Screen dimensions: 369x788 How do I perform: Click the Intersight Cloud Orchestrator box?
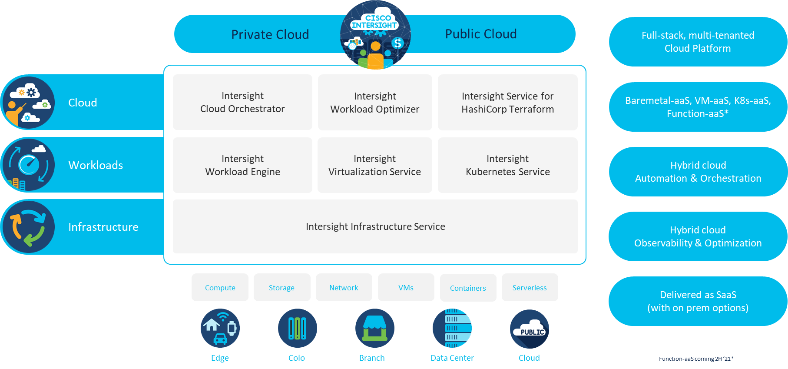click(242, 102)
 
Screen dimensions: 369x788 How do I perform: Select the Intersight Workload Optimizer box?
click(375, 103)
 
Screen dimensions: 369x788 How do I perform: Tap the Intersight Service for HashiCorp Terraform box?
click(507, 103)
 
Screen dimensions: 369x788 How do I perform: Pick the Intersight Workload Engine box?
click(242, 165)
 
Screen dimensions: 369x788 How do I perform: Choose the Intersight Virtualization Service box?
click(374, 165)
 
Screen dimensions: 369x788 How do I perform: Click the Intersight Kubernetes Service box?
click(507, 165)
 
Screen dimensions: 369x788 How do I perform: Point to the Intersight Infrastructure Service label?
click(375, 226)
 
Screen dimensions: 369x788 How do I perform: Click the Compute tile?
click(220, 287)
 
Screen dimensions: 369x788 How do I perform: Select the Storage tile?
click(281, 287)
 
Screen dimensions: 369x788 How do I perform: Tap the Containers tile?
click(468, 288)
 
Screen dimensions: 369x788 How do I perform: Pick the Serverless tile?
click(530, 287)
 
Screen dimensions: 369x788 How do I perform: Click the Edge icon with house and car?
click(220, 328)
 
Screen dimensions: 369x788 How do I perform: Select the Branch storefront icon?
click(374, 328)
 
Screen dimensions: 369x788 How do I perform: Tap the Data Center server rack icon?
click(452, 328)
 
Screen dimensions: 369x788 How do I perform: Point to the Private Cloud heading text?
click(270, 34)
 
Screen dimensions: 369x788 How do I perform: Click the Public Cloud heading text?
click(481, 34)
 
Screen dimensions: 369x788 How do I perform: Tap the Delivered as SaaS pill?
click(698, 301)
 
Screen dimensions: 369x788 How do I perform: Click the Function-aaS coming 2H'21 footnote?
click(696, 359)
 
